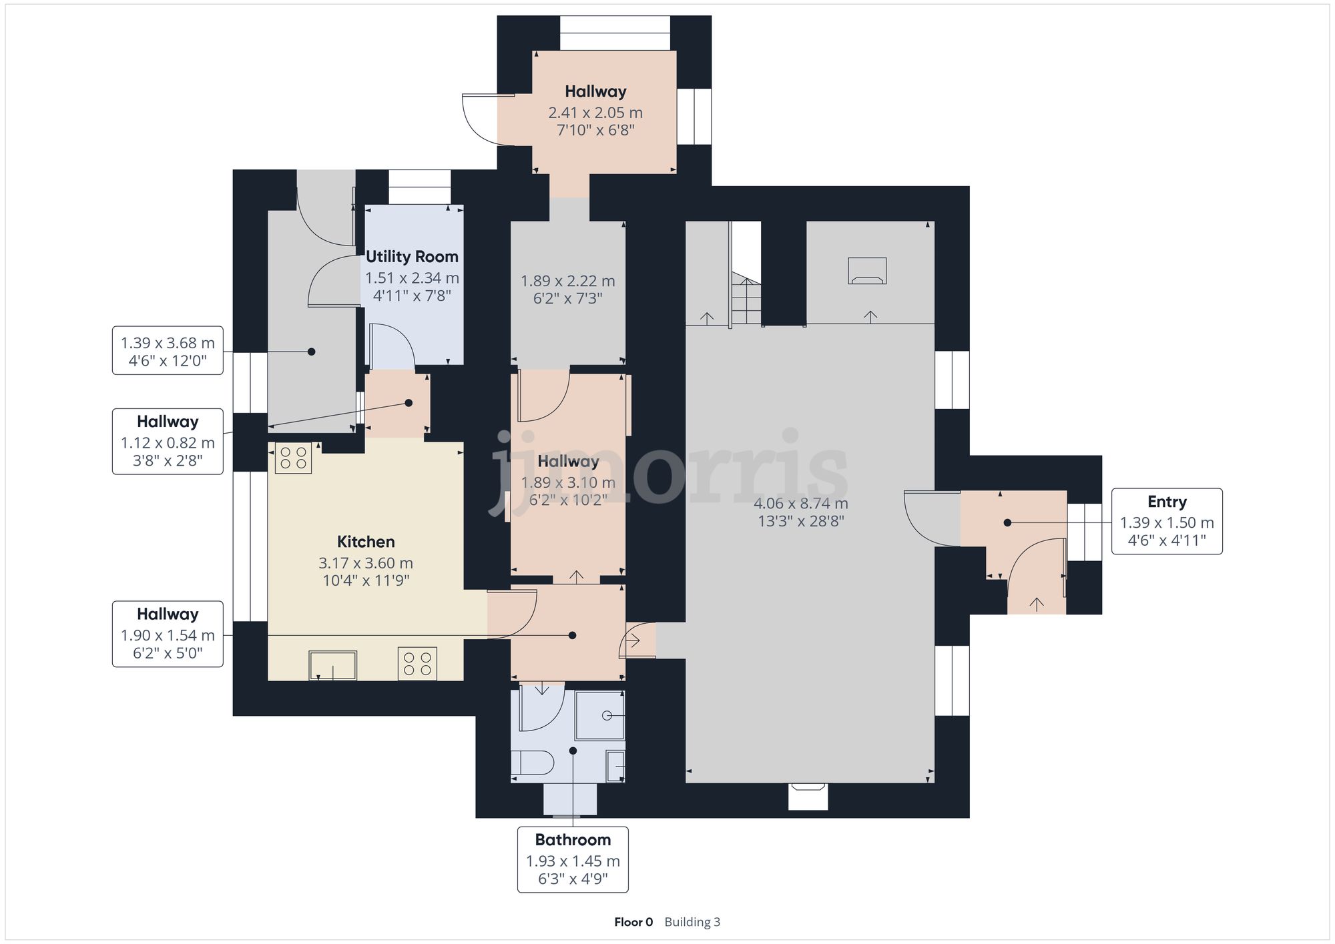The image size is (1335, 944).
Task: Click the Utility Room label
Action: tap(412, 257)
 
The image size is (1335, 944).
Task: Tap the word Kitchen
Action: tap(366, 542)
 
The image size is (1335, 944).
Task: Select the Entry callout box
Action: tap(1166, 521)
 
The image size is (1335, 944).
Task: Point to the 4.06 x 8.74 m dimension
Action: tap(801, 504)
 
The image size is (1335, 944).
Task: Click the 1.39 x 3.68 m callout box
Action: tap(168, 351)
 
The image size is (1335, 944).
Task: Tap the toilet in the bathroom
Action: tap(533, 762)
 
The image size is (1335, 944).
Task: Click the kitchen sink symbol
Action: tap(332, 665)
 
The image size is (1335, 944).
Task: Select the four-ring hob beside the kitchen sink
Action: tap(417, 664)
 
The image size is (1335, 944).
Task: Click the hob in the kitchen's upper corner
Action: tap(293, 458)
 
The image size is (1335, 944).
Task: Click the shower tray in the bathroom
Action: tap(600, 716)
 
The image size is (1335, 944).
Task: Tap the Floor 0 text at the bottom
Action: tap(633, 922)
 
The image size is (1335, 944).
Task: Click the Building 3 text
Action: tap(692, 922)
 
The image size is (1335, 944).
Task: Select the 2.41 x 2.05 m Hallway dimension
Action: tap(595, 113)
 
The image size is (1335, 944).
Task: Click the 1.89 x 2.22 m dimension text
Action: tap(567, 281)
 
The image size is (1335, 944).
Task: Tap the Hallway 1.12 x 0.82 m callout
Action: tap(168, 441)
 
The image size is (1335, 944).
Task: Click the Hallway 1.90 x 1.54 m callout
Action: tap(168, 634)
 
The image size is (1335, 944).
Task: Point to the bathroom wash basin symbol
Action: tap(615, 766)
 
